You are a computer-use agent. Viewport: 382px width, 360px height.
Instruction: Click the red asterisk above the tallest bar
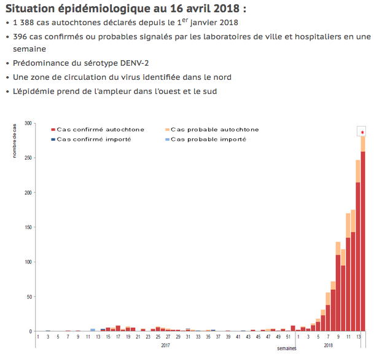point(363,132)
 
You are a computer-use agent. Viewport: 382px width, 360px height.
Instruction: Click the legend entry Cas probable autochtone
point(214,130)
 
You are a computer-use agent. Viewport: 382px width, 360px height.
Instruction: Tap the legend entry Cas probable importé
point(208,139)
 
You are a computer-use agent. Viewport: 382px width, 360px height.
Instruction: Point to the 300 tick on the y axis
point(28,123)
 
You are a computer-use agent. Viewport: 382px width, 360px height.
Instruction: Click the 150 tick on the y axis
point(28,227)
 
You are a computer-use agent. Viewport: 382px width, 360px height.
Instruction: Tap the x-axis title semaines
point(286,348)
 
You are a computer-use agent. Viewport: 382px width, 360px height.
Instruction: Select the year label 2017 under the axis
point(166,345)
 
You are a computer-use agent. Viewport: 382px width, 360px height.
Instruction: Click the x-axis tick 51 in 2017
point(288,337)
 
